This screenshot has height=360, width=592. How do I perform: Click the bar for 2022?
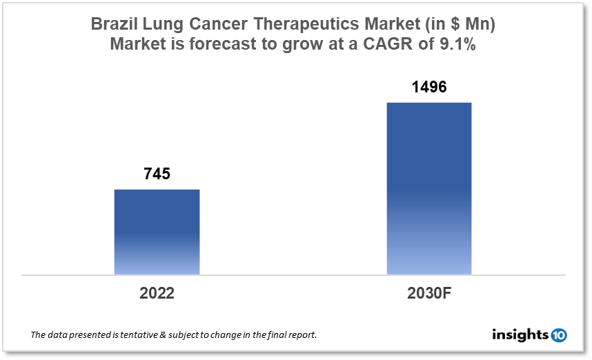click(x=157, y=232)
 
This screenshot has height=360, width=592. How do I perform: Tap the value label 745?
click(x=157, y=174)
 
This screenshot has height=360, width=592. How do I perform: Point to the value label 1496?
click(x=428, y=88)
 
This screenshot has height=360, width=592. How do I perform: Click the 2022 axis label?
click(x=157, y=292)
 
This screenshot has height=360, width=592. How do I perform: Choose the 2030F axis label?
click(x=428, y=292)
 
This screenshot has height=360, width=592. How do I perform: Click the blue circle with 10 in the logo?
click(x=558, y=335)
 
